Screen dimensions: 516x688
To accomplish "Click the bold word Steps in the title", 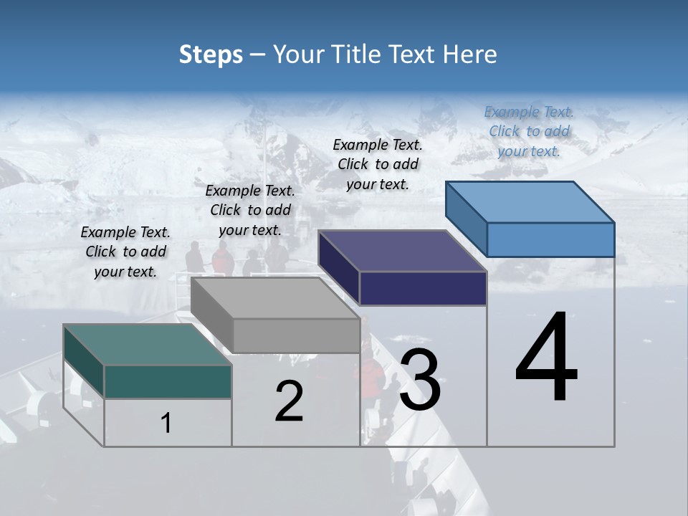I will coord(211,54).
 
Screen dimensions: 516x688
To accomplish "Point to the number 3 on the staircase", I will coord(420,380).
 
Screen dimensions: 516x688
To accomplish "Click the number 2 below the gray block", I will coord(289,401).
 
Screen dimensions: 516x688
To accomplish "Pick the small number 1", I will coord(166,424).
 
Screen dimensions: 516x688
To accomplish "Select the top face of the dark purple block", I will coord(402,251).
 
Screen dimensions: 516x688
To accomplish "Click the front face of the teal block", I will coord(168,381).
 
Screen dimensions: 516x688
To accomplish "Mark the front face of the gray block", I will coord(296,335).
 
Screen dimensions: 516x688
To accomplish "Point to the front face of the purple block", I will coord(423,288).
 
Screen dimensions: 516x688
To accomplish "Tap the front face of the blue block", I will coord(550,239).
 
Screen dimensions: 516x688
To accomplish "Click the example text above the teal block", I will coord(125,252).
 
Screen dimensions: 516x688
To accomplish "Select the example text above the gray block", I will coord(250,210).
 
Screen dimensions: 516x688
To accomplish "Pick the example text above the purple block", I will coord(378,164).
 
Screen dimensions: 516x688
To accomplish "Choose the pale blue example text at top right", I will coord(529,131).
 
